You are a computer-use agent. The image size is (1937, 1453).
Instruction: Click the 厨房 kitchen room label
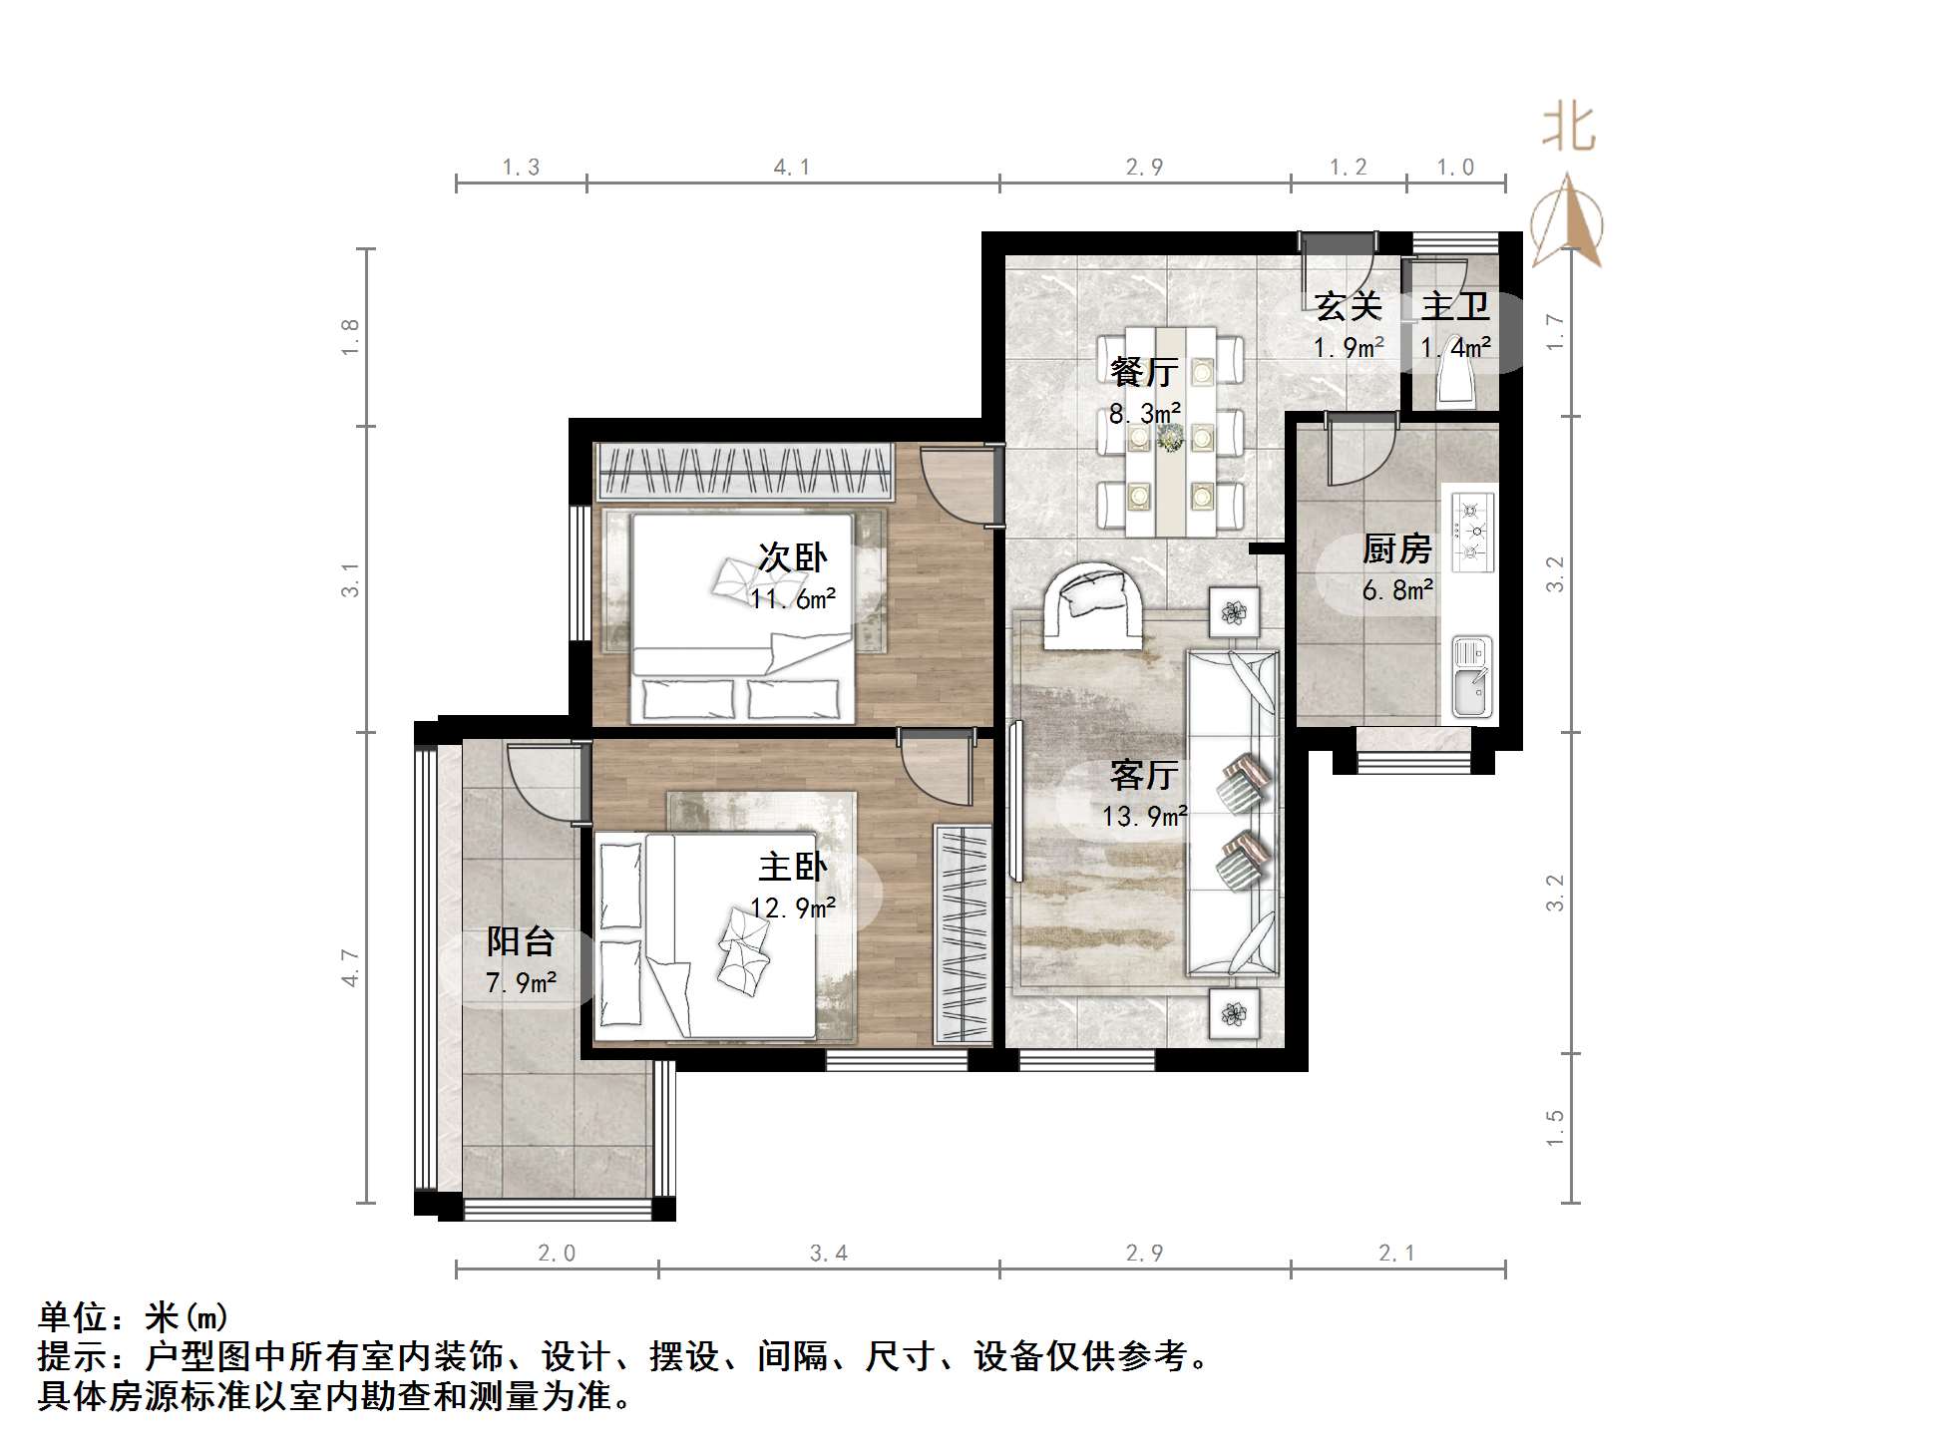pos(1396,548)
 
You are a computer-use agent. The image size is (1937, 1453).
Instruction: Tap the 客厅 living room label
pos(1144,774)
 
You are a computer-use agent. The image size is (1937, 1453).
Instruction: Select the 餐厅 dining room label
pos(1144,372)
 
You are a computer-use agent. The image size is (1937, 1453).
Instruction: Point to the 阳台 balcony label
pos(520,940)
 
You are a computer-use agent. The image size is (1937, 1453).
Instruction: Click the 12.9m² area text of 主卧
pos(793,908)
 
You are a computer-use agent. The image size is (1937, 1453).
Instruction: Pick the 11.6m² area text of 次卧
pos(793,599)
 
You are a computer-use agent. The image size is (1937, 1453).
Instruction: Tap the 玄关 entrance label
pos(1348,306)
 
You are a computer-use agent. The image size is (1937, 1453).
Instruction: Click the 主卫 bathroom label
pos(1455,306)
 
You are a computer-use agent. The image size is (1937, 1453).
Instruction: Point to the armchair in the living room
pos(1092,604)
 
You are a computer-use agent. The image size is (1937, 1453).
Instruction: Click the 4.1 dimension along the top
pos(792,168)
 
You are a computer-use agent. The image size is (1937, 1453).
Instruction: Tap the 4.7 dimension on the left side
pos(349,967)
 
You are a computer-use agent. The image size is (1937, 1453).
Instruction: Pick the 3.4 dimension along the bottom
pos(828,1254)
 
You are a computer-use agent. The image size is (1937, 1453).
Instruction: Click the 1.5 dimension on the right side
pos(1554,1128)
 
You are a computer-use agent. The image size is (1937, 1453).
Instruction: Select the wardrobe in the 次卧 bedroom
pos(744,472)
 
